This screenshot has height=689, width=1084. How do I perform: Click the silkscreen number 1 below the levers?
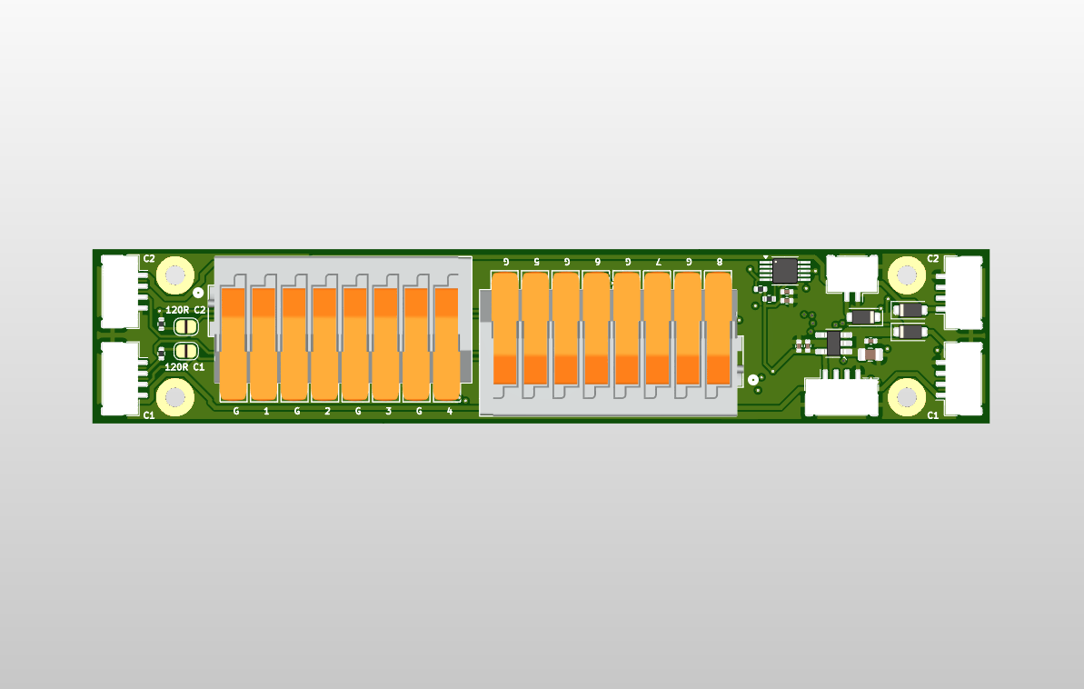click(266, 412)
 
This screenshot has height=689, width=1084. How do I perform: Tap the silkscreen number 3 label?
click(389, 412)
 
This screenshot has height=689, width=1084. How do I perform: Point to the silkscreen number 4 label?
click(450, 412)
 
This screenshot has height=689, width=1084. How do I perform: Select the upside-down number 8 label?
click(720, 261)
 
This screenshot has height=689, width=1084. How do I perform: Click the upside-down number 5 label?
click(536, 261)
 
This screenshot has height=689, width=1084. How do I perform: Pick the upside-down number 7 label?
click(658, 261)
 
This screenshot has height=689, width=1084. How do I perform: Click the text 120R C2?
click(185, 310)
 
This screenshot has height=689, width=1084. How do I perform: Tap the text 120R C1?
click(184, 367)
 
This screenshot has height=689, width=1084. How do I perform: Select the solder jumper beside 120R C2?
click(185, 326)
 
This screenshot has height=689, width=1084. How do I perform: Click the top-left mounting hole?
click(174, 274)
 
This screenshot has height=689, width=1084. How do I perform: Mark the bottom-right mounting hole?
click(906, 397)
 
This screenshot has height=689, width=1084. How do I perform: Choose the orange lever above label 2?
click(326, 344)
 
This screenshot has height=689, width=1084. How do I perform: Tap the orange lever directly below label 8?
click(719, 327)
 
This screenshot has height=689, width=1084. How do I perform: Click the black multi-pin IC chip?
click(784, 270)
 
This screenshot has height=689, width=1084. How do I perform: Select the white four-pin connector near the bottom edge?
click(841, 396)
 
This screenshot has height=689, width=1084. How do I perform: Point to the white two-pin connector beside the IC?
click(852, 272)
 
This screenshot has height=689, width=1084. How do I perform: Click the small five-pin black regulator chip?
click(834, 343)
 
